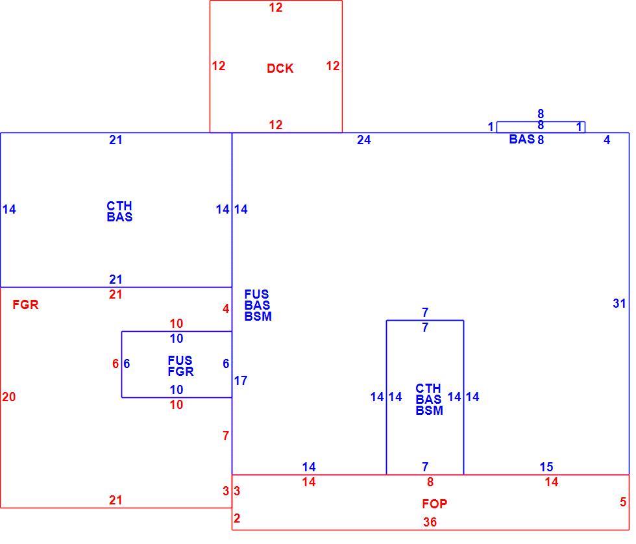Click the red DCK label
(280, 68)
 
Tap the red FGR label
(25, 304)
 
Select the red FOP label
(434, 504)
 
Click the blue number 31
(619, 303)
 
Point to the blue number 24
(364, 140)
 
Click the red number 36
(430, 522)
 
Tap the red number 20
(9, 397)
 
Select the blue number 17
(241, 380)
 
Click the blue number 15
(546, 467)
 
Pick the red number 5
(623, 502)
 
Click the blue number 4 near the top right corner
(607, 140)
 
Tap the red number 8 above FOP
(430, 482)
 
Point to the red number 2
(237, 518)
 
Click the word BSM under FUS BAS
(258, 316)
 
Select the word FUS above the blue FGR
(180, 360)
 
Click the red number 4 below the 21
(226, 309)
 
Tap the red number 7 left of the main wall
(226, 436)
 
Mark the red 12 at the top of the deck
(276, 7)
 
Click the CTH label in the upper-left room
(119, 206)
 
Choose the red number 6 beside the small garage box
(116, 364)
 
